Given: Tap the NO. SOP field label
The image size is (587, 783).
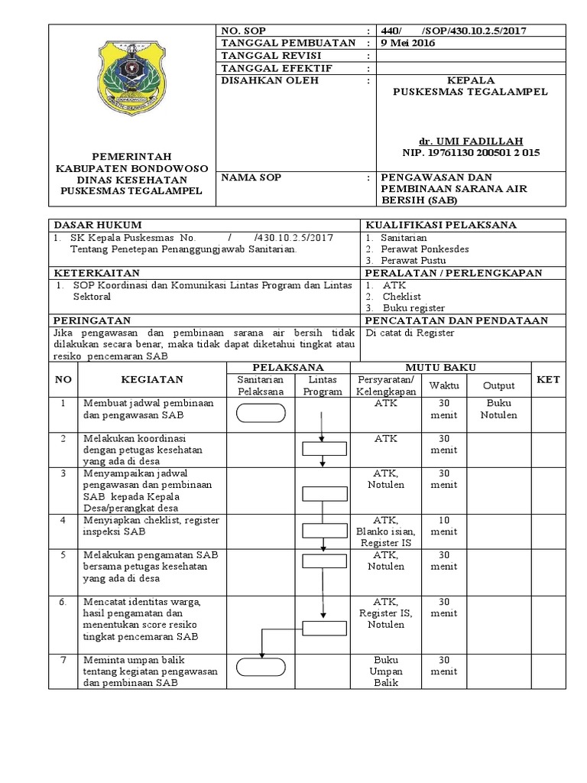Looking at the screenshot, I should pyautogui.click(x=242, y=31).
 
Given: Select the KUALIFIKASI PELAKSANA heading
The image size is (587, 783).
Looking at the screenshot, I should pyautogui.click(x=441, y=225).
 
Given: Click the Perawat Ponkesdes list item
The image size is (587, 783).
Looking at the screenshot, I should pyautogui.click(x=425, y=249).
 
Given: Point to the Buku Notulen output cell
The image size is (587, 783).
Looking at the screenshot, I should pyautogui.click(x=498, y=409).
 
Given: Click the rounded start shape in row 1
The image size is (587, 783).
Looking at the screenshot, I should pyautogui.click(x=261, y=413).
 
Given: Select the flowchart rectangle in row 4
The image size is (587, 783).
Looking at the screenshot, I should pyautogui.click(x=323, y=530).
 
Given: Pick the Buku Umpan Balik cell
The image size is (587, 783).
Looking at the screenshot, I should pyautogui.click(x=386, y=672).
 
